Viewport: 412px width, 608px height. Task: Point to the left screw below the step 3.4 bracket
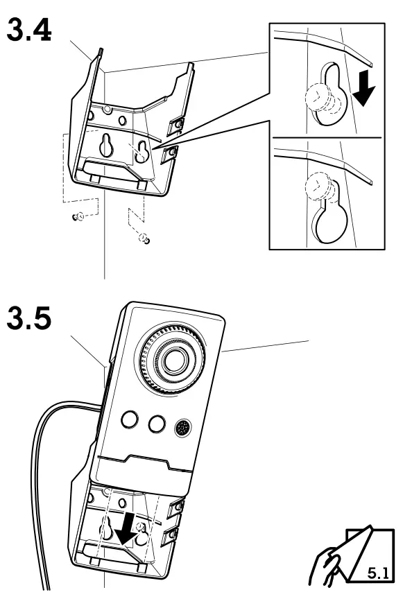click(78, 216)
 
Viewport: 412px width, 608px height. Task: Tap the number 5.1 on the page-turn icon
click(377, 575)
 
